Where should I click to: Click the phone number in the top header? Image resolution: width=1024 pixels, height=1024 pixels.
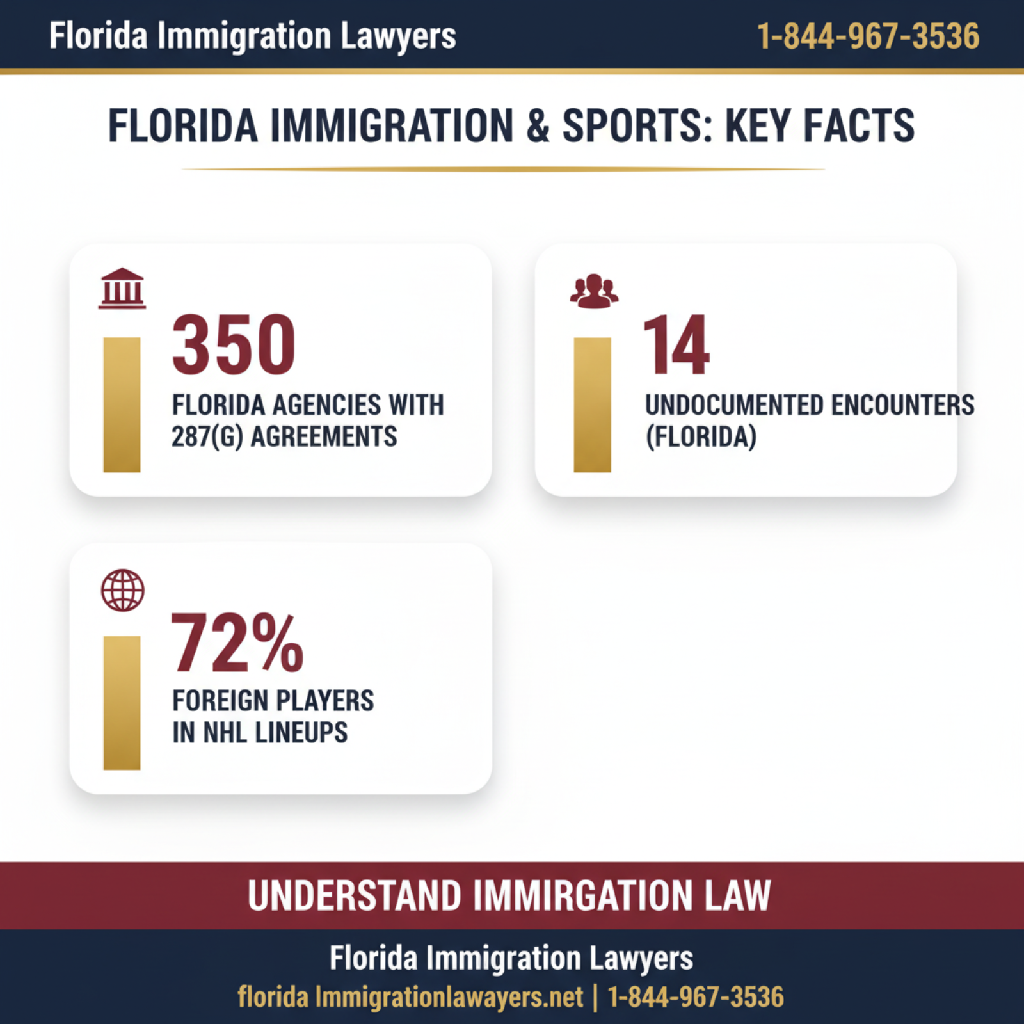pos(868,36)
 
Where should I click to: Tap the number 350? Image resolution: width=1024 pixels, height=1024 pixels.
pos(234,345)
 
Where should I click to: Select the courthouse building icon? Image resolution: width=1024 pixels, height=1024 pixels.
pos(122,289)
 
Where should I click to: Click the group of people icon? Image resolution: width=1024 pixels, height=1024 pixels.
pos(594,292)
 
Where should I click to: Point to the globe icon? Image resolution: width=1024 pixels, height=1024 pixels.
pos(122,590)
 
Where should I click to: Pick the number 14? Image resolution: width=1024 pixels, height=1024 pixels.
pos(676,345)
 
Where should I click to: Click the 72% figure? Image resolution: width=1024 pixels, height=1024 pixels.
pos(237,643)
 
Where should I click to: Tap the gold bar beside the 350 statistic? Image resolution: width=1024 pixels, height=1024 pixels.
pos(122,404)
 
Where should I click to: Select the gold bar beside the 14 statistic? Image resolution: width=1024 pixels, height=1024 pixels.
pos(592,404)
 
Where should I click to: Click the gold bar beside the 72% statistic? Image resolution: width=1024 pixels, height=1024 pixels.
pos(122,702)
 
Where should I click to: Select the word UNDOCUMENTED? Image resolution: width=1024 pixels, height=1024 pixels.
pos(734,405)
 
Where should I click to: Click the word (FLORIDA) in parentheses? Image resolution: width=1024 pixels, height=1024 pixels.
pos(701,437)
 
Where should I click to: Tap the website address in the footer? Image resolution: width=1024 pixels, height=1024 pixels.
pos(410,997)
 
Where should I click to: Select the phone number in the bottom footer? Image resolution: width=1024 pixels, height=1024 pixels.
pos(695,997)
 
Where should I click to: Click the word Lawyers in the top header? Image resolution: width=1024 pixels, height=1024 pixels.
pos(398,36)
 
